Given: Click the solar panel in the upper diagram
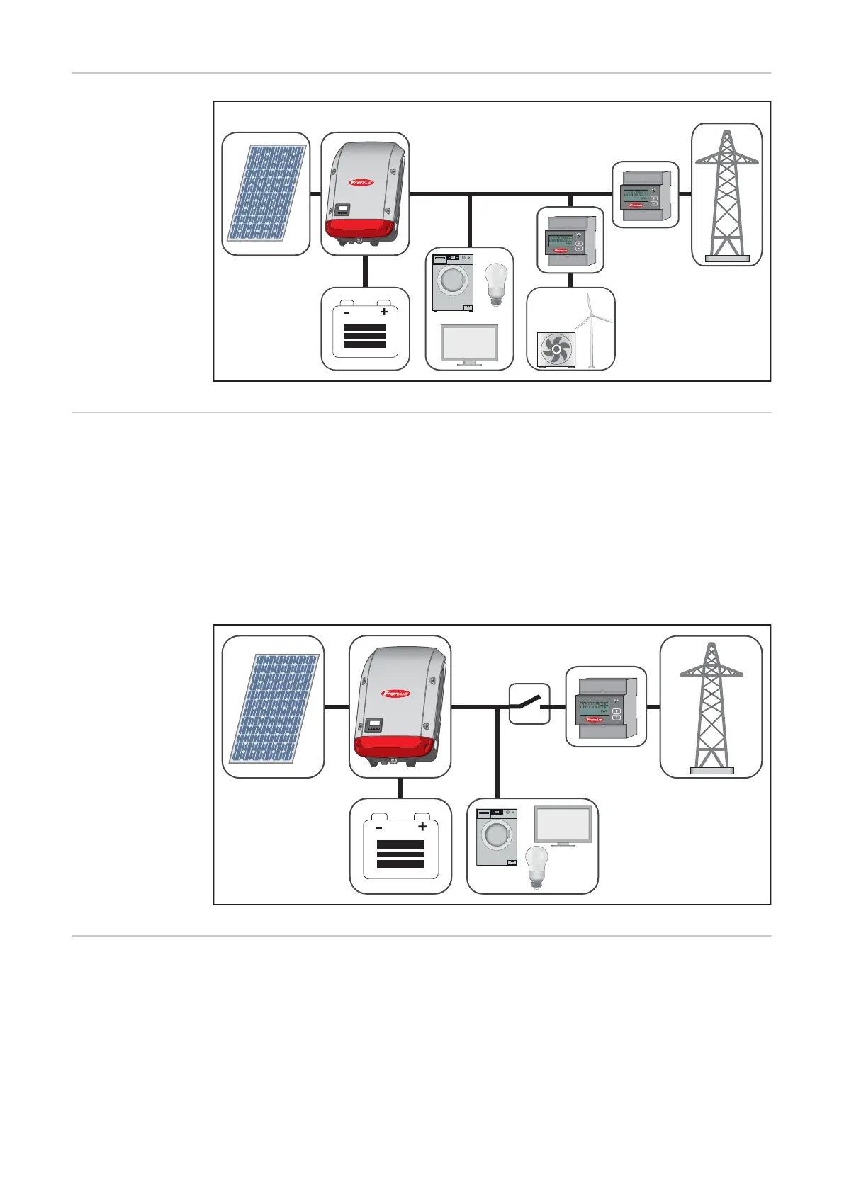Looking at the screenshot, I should pos(266,193).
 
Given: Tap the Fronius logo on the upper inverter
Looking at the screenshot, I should pos(361,182).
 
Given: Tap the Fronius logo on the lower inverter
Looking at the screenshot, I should pos(395,693).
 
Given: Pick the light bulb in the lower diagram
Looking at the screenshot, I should pos(536,866).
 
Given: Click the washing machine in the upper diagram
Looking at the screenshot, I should pos(453,283).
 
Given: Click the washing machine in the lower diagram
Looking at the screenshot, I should pos(496,837).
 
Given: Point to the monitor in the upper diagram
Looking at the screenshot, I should pos(469,344).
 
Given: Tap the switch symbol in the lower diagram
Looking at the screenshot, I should pos(529,704).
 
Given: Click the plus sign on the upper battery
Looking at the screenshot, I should pos(384,312).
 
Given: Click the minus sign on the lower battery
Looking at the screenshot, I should pos(379,827).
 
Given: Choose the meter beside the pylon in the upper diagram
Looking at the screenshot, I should pos(645,194).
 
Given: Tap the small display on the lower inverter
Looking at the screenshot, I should pos(374,725).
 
